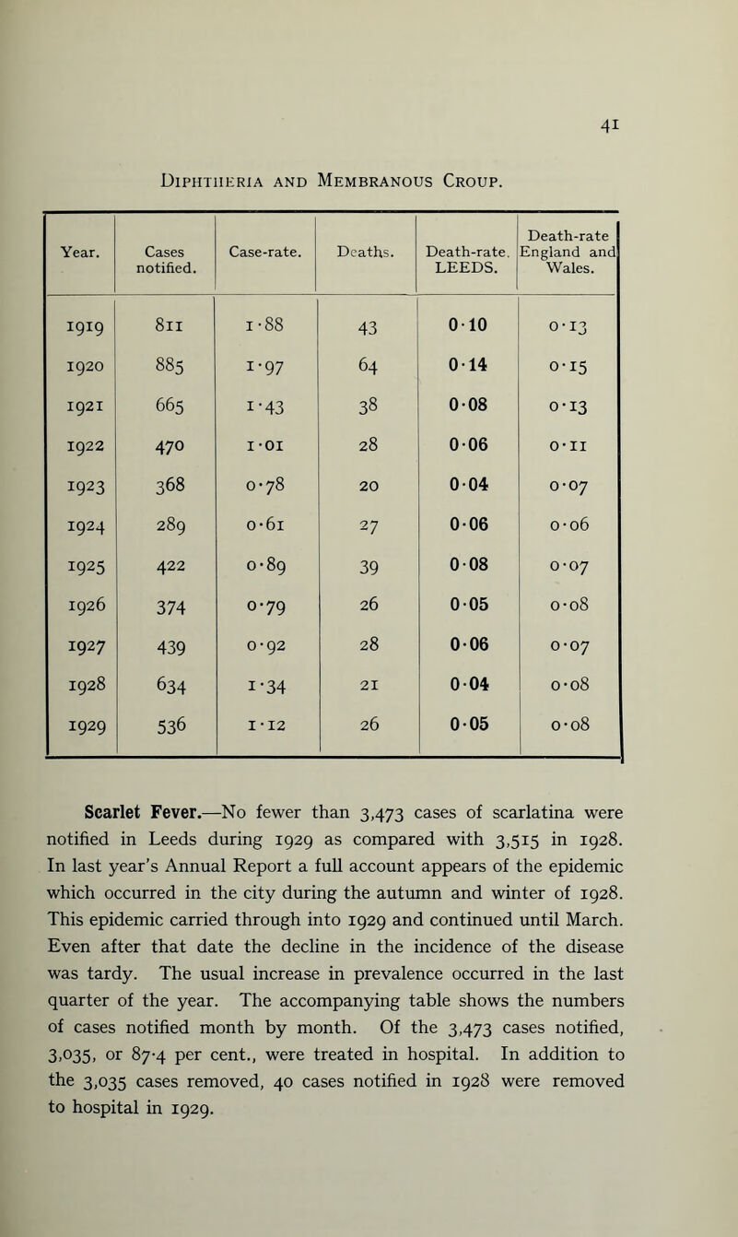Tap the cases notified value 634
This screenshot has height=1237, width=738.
pyautogui.click(x=166, y=689)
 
